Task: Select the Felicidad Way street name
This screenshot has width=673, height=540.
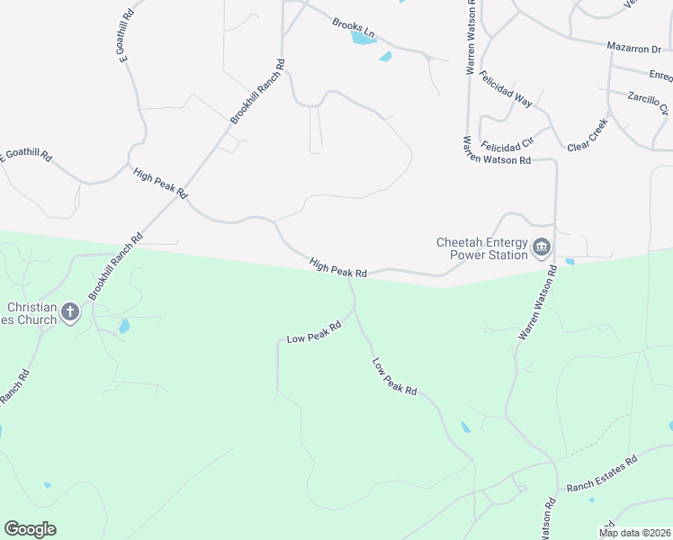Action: coord(506,89)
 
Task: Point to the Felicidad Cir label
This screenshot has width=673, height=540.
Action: coord(508,144)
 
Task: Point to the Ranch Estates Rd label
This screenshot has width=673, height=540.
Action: coord(601,473)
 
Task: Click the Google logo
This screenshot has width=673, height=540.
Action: coord(30,529)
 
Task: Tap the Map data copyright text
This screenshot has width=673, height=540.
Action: coord(634,533)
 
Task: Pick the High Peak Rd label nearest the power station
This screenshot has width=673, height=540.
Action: coord(338,267)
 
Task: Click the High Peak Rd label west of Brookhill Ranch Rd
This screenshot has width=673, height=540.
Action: coord(159,183)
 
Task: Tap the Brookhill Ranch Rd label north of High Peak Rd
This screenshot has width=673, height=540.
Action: coord(257,92)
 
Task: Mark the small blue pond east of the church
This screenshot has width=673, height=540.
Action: coord(124,326)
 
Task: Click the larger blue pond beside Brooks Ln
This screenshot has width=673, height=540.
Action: coord(363,38)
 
